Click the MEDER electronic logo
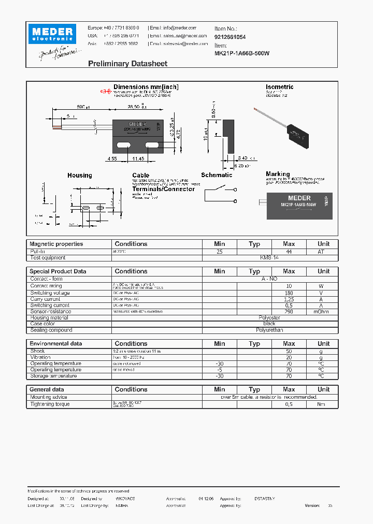pyautogui.click(x=53, y=34)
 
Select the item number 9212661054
pyautogui.click(x=230, y=37)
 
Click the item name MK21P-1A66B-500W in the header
pyautogui.click(x=242, y=53)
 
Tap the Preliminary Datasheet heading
pyautogui.click(x=127, y=64)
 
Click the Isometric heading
pyautogui.click(x=279, y=87)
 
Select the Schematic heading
pyautogui.click(x=217, y=175)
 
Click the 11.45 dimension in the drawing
pyautogui.click(x=138, y=158)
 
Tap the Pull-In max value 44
pyautogui.click(x=289, y=251)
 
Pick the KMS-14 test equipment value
pyautogui.click(x=269, y=257)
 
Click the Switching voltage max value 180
pyautogui.click(x=289, y=293)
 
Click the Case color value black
pyautogui.click(x=269, y=324)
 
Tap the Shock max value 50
pyautogui.click(x=289, y=351)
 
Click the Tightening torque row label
pyautogui.click(x=50, y=404)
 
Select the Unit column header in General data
pyautogui.click(x=323, y=389)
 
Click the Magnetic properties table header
pyautogui.click(x=56, y=244)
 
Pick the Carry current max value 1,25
pyautogui.click(x=289, y=299)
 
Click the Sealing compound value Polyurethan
pyautogui.click(x=269, y=330)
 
